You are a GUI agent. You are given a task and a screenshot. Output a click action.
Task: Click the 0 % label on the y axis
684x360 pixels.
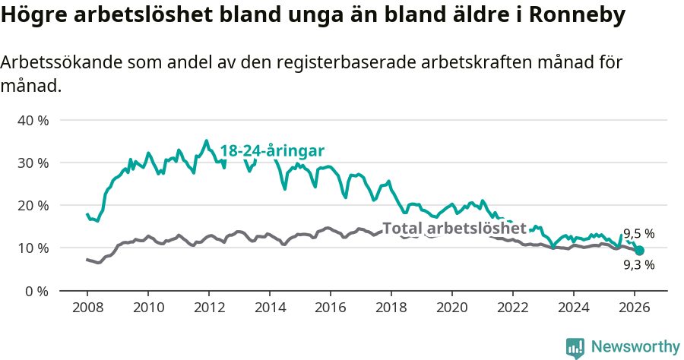36,290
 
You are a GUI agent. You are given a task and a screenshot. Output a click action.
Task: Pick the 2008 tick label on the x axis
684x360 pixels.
87,307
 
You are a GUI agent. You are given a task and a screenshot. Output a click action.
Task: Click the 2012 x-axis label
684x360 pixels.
208,307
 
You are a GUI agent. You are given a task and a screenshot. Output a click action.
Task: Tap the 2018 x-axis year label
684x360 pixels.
391,307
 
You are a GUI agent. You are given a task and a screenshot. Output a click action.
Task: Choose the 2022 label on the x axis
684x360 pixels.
512,307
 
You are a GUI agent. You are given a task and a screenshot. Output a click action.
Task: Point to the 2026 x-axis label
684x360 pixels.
634,307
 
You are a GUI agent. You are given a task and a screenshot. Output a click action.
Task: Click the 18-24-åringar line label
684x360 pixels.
272,150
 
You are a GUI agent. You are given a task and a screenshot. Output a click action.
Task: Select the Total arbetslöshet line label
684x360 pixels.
454,228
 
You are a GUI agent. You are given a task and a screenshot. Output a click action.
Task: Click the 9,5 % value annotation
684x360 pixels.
639,234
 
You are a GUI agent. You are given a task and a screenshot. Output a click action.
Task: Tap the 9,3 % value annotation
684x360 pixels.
639,265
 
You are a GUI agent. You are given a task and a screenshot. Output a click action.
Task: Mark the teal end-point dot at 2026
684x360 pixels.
639,251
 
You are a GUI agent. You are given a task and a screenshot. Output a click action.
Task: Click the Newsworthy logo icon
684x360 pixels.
575,348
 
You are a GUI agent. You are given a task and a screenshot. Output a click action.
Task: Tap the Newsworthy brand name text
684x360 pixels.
635,347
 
